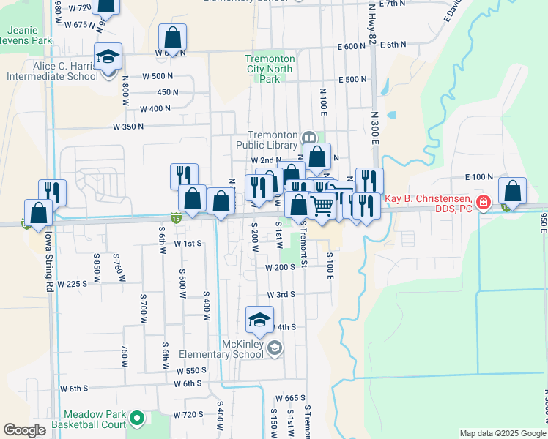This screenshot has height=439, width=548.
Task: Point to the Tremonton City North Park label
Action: [270, 69]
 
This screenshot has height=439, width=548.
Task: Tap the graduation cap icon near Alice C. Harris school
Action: [108, 56]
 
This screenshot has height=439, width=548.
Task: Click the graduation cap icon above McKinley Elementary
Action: [259, 319]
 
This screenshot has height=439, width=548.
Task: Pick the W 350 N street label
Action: [127, 127]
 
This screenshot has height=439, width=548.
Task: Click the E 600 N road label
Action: [352, 45]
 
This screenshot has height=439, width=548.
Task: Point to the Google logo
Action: [25, 430]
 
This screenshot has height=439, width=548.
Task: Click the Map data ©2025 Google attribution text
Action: [503, 433]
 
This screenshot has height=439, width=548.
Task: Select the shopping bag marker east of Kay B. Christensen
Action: [513, 192]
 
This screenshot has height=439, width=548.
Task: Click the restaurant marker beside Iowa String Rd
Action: [52, 192]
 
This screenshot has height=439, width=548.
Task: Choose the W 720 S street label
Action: [188, 415]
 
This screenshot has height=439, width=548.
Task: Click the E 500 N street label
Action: [352, 80]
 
